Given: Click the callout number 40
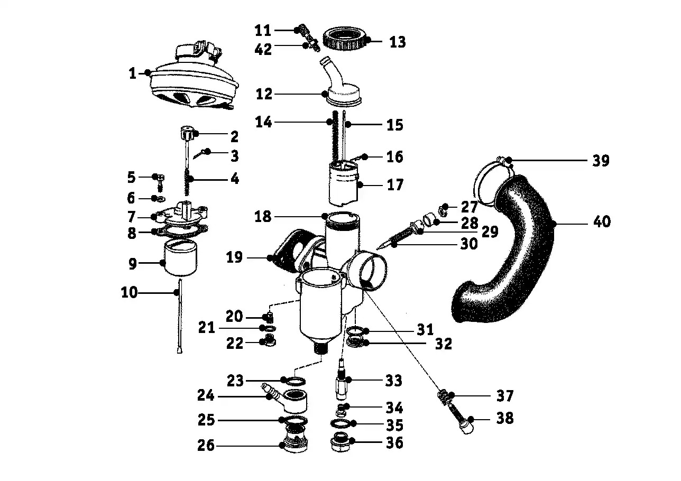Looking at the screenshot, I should [601, 221].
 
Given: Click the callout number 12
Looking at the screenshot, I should [263, 94].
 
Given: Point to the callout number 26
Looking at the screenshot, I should [206, 446].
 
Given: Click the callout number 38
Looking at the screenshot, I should [505, 418].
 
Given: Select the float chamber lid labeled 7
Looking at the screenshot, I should [182, 216].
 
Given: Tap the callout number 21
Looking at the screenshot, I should [207, 328].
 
